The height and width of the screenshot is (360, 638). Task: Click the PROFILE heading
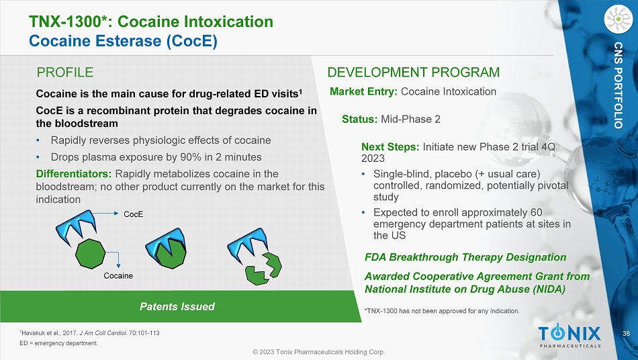click(64, 73)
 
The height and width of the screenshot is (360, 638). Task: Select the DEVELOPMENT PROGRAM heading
click(414, 73)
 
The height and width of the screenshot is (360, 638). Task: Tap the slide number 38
click(626, 334)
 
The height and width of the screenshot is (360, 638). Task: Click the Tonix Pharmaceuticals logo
click(569, 336)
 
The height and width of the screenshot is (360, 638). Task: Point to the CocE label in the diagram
click(134, 214)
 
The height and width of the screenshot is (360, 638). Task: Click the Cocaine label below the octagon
click(118, 276)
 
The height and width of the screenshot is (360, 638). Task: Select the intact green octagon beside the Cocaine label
click(91, 254)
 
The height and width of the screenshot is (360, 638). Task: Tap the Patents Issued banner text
click(177, 306)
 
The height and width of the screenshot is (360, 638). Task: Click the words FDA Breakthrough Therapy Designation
click(465, 257)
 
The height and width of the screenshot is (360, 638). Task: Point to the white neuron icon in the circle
click(619, 19)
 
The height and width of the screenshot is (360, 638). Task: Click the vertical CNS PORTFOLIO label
click(619, 85)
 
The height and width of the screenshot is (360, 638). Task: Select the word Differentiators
click(74, 174)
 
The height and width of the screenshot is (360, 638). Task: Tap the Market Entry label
click(363, 91)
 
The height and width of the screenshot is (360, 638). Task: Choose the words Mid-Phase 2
click(410, 119)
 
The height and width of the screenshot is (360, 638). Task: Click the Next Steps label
click(390, 147)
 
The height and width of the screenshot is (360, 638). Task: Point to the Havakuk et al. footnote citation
click(89, 333)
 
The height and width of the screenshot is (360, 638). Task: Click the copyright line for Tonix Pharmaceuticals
click(318, 352)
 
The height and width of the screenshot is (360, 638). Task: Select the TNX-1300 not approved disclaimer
click(443, 311)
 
